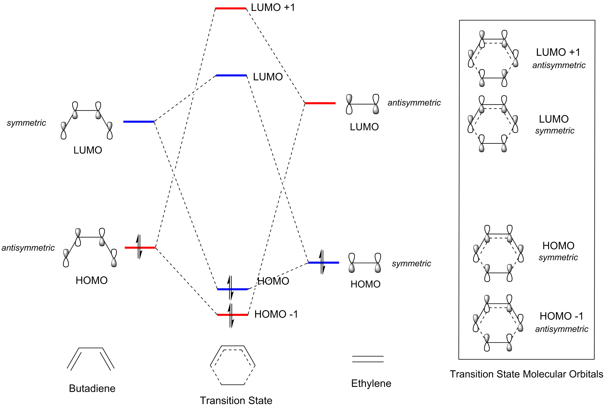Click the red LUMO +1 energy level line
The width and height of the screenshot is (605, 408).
[x=230, y=9]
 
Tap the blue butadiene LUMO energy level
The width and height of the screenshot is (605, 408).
[x=139, y=121]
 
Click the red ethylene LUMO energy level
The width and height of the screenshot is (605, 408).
[x=320, y=103]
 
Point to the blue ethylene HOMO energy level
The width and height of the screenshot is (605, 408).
[x=323, y=262]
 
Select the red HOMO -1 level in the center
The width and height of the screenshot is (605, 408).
[x=233, y=315]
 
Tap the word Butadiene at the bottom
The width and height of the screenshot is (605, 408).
[x=92, y=388]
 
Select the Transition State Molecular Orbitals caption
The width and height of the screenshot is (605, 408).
[x=527, y=374]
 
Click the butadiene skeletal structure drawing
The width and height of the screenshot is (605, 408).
[x=91, y=359]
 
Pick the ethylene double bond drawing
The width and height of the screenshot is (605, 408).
[x=368, y=359]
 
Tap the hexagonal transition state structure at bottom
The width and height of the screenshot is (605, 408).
[x=233, y=365]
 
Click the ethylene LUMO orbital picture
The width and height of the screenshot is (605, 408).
[x=362, y=104]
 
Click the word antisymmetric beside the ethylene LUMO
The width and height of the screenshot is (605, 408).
[x=414, y=103]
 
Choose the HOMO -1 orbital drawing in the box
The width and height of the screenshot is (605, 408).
[x=498, y=323]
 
